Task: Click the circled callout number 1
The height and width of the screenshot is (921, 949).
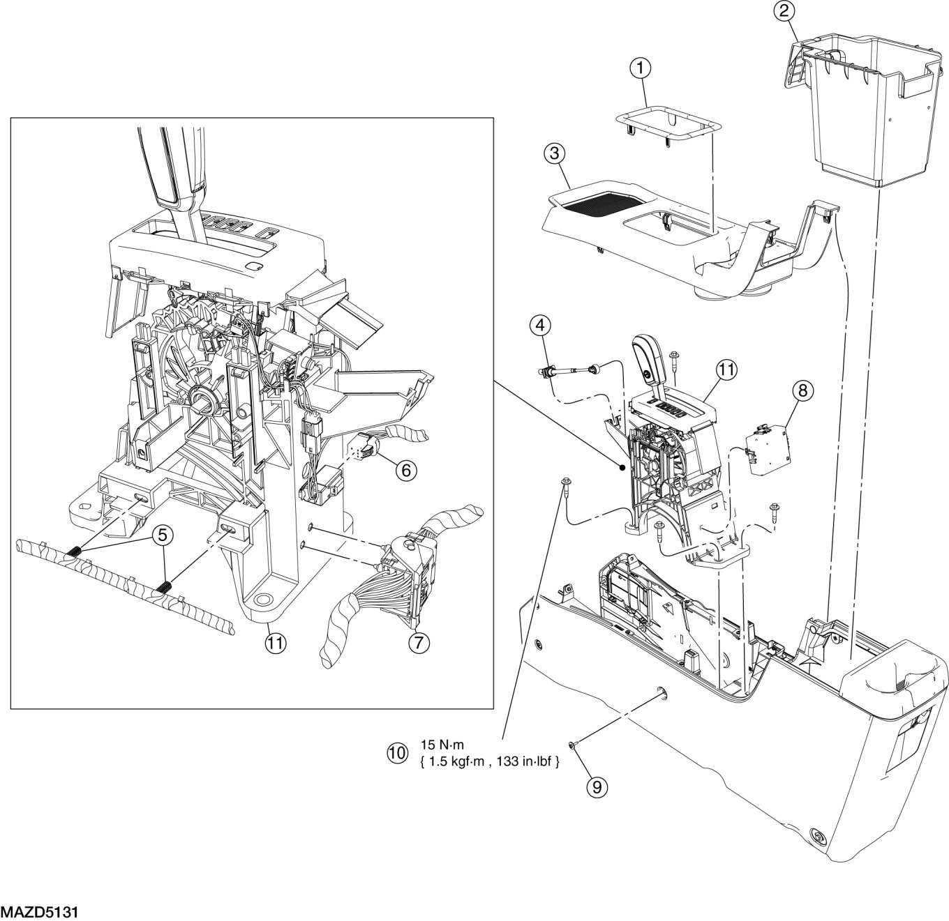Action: pos(640,68)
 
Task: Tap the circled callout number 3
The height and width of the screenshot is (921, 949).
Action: pos(555,154)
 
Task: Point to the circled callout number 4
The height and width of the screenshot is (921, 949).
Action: pos(540,324)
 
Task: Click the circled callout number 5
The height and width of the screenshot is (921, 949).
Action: pos(162,536)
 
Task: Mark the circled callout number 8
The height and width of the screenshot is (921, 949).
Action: pos(802,390)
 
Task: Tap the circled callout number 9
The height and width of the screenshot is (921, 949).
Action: pos(597,786)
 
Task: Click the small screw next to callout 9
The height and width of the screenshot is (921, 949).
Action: pos(572,746)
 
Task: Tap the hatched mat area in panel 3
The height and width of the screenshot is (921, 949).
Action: pos(600,203)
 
